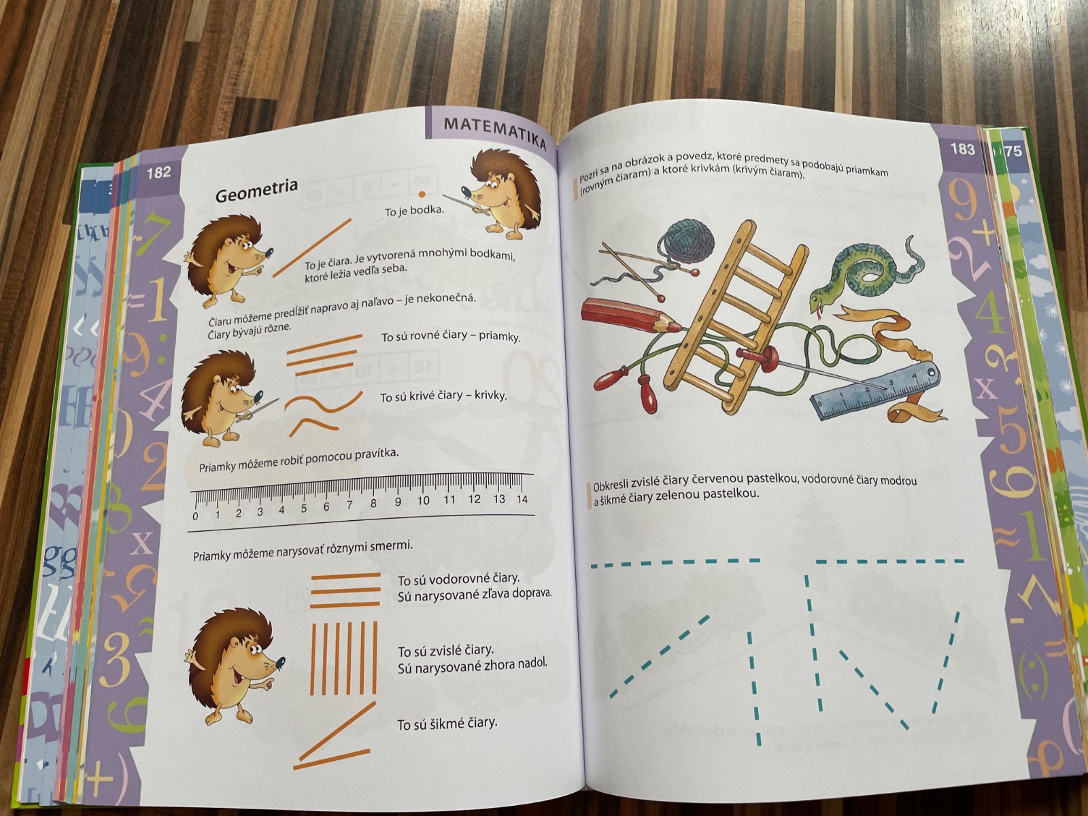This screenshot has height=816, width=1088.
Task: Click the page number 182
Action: coord(158,173)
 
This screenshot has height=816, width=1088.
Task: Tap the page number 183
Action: coord(962,149)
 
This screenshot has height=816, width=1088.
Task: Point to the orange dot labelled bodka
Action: coord(422,194)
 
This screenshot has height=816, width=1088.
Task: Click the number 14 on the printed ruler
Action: coord(522,499)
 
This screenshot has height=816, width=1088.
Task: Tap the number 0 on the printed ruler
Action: coord(195,516)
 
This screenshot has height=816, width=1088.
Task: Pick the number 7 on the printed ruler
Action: coord(350,505)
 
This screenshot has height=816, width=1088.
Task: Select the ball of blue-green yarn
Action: coord(689,241)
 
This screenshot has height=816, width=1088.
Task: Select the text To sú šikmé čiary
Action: coord(447,724)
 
